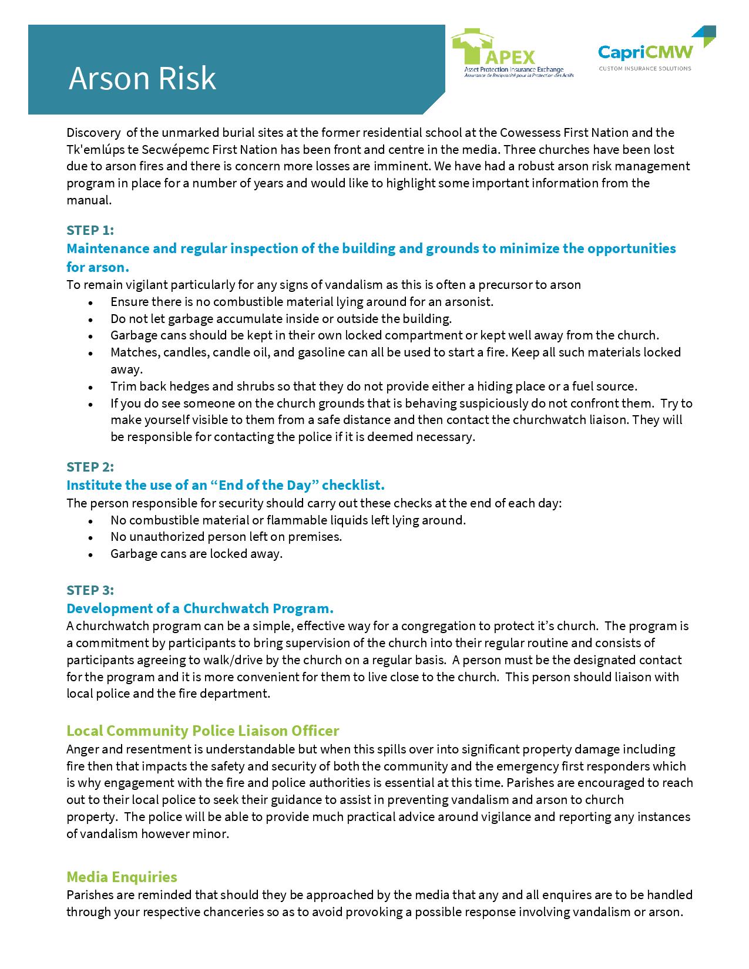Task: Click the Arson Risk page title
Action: click(142, 79)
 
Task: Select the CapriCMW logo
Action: click(645, 52)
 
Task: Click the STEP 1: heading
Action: click(90, 230)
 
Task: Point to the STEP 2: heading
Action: click(90, 467)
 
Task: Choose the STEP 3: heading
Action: click(90, 590)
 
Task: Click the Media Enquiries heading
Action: click(122, 877)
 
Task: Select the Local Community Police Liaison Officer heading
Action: click(203, 731)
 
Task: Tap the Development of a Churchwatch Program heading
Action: click(200, 608)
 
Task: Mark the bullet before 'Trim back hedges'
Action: click(90, 388)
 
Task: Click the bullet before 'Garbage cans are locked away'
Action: click(90, 554)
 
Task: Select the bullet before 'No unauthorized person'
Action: click(90, 537)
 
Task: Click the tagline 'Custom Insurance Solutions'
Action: click(644, 69)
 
